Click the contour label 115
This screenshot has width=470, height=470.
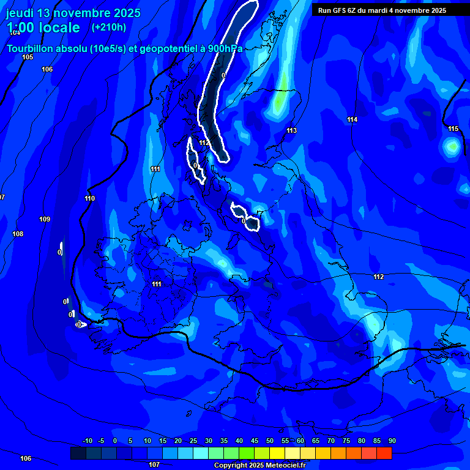pos(453,129)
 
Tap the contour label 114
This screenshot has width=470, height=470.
pos(352,119)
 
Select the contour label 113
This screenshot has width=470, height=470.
pos(291,130)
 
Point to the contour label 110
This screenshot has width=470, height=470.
pos(90,198)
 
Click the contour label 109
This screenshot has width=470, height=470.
pos(45,219)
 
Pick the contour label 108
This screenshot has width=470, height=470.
pos(18,234)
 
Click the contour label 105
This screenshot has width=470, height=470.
pos(28,57)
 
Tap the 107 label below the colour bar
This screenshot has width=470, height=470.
pos(154,464)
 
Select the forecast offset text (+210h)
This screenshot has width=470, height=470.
pos(108,27)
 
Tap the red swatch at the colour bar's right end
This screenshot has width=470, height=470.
pos(384,453)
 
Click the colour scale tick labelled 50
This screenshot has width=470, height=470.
pos(270,441)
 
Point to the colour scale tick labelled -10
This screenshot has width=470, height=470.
pos(87,441)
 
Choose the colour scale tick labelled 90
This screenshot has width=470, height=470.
pos(392,441)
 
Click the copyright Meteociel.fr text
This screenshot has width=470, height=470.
pos(259,465)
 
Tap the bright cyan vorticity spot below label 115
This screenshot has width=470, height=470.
pos(452,146)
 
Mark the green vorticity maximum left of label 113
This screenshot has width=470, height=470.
pos(279,102)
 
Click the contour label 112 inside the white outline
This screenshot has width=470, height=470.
pos(204,143)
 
